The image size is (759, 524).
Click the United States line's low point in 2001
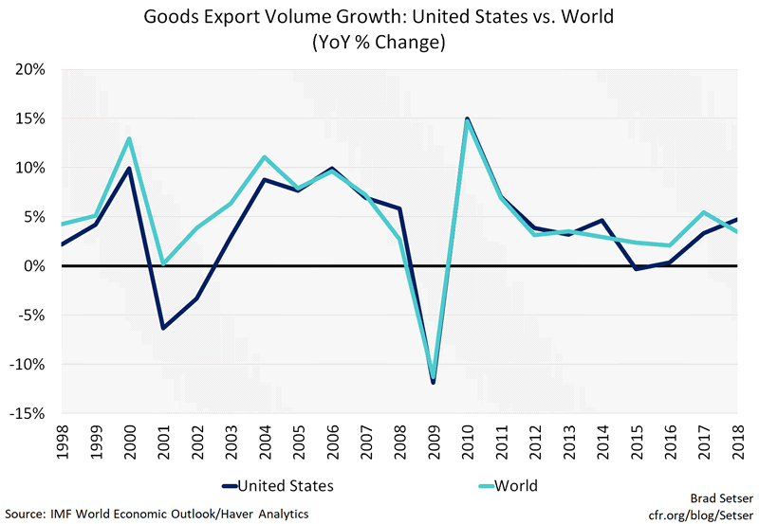163,328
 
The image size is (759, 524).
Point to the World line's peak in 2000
129,139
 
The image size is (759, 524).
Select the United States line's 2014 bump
600,221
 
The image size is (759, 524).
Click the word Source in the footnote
28,514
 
